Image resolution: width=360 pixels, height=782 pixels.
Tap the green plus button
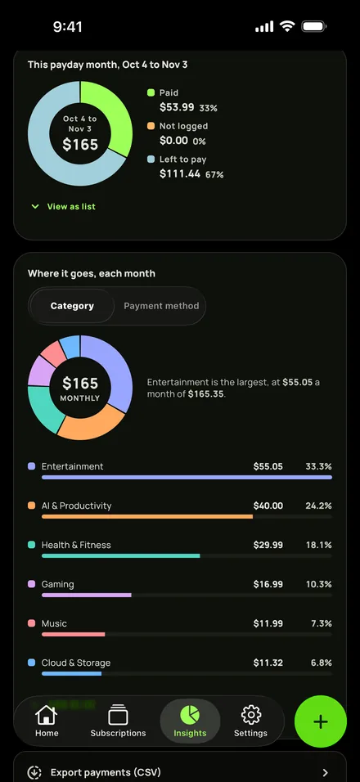pyautogui.click(x=320, y=721)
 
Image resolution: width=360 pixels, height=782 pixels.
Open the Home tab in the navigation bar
pyautogui.click(x=47, y=721)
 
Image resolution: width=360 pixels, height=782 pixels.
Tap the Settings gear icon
pyautogui.click(x=251, y=715)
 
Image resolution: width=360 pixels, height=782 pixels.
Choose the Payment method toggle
pyautogui.click(x=161, y=306)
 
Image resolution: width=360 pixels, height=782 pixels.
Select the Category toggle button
pyautogui.click(x=72, y=306)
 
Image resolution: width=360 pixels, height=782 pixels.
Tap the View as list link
pyautogui.click(x=63, y=206)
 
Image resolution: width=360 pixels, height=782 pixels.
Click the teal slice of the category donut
pyautogui.click(x=43, y=408)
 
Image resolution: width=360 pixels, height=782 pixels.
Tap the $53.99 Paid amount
pyautogui.click(x=177, y=107)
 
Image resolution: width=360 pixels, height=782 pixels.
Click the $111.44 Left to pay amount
pyautogui.click(x=180, y=173)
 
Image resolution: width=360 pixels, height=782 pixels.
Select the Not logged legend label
pyautogui.click(x=183, y=126)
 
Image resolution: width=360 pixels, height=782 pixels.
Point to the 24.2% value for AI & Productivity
pyautogui.click(x=318, y=506)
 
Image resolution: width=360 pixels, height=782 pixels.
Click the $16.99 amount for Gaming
pyautogui.click(x=268, y=584)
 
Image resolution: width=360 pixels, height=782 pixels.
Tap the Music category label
pyautogui.click(x=54, y=623)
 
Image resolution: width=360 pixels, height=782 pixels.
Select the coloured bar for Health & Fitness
pyautogui.click(x=120, y=555)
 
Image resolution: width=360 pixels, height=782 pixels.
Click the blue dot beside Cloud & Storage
pyautogui.click(x=31, y=663)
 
